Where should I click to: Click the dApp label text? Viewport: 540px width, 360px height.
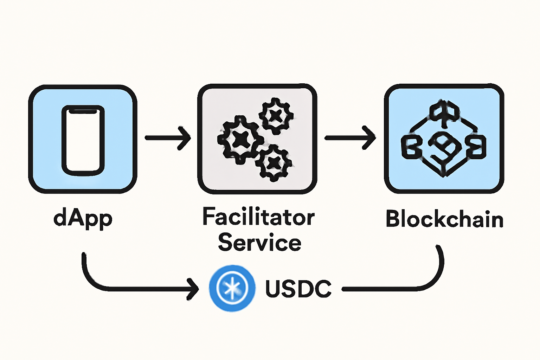click(83, 219)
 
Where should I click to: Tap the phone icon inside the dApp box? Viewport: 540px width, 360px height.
click(83, 140)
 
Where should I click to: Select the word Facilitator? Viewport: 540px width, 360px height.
click(258, 217)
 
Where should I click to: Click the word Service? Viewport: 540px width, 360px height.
click(259, 242)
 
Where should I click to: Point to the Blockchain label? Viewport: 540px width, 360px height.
click(444, 219)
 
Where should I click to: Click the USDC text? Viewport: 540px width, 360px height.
click(298, 289)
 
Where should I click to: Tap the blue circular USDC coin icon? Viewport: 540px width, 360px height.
click(232, 288)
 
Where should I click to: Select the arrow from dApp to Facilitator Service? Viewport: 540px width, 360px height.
click(168, 138)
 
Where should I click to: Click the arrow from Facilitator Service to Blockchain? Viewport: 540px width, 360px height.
click(350, 138)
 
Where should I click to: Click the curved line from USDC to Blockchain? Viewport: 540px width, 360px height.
click(422, 281)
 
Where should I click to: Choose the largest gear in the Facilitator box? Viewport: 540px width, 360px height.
click(240, 139)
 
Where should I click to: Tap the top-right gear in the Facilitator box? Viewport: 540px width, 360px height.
click(276, 116)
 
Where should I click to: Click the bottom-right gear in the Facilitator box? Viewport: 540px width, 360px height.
click(273, 162)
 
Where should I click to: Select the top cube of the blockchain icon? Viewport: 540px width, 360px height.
click(444, 112)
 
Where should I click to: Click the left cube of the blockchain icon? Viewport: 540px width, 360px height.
click(412, 147)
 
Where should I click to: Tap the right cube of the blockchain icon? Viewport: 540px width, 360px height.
click(476, 147)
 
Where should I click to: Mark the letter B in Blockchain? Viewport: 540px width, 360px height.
click(393, 219)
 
